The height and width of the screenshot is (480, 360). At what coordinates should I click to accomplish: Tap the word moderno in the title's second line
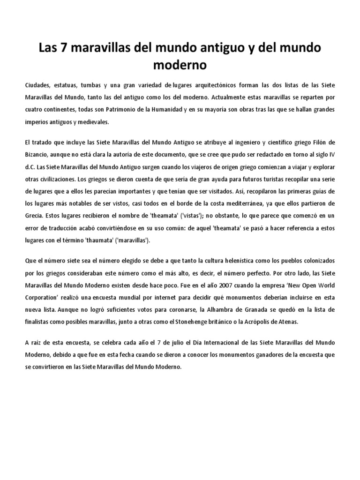pos(180,65)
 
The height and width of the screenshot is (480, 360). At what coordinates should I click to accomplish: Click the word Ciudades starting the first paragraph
pos(39,85)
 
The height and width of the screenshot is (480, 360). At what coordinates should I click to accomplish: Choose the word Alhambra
pos(221,310)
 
